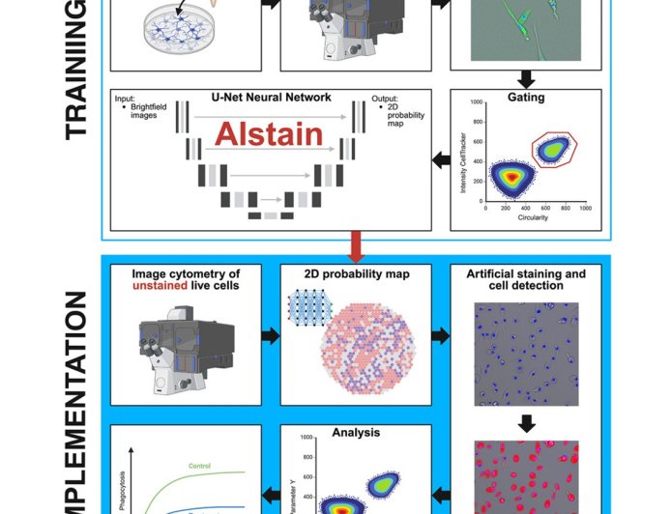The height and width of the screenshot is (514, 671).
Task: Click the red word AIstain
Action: click(x=268, y=135)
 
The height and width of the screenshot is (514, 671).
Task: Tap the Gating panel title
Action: click(x=526, y=98)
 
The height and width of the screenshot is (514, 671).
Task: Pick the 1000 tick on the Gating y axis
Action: click(x=476, y=101)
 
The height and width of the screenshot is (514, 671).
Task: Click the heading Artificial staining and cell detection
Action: click(x=525, y=280)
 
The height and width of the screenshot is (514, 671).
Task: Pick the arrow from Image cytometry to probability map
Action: click(x=272, y=335)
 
